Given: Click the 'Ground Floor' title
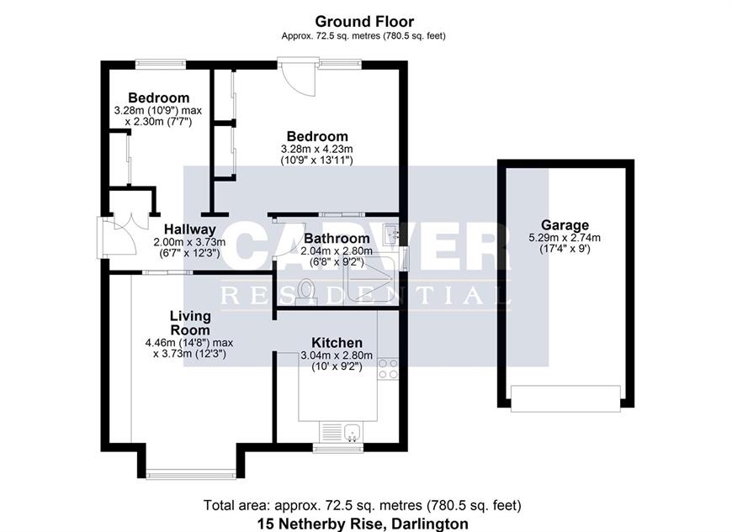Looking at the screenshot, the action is pyautogui.click(x=364, y=22).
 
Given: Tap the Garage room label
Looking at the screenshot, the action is pyautogui.click(x=565, y=225).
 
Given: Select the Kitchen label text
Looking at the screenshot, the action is pyautogui.click(x=337, y=342).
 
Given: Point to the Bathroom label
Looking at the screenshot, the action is pyautogui.click(x=337, y=238).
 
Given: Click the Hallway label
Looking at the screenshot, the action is pyautogui.click(x=189, y=230).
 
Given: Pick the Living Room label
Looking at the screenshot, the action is pyautogui.click(x=190, y=323).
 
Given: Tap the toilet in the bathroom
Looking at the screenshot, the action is pyautogui.click(x=307, y=292).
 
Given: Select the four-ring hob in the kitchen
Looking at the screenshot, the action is pyautogui.click(x=388, y=369).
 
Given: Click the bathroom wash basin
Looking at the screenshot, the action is pyautogui.click(x=390, y=234).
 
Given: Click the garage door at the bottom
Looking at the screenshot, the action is pyautogui.click(x=565, y=398).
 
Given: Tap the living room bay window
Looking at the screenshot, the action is pyautogui.click(x=191, y=475).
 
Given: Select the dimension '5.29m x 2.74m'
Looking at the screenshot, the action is pyautogui.click(x=565, y=238).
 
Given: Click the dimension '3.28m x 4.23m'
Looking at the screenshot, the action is pyautogui.click(x=317, y=150).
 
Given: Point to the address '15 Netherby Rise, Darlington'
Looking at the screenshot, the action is pyautogui.click(x=363, y=524).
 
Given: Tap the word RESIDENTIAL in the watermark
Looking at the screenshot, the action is pyautogui.click(x=364, y=295).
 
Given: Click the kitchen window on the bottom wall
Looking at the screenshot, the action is pyautogui.click(x=337, y=448).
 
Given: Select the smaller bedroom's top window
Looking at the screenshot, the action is pyautogui.click(x=161, y=64).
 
